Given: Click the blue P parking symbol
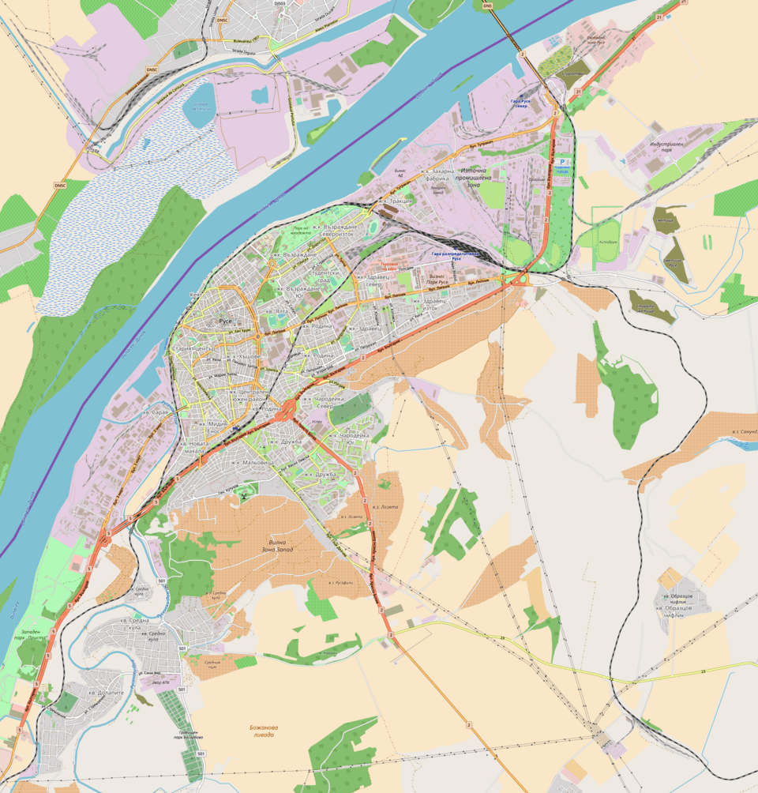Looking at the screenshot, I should point(563,161).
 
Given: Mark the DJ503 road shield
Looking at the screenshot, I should point(279,3).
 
